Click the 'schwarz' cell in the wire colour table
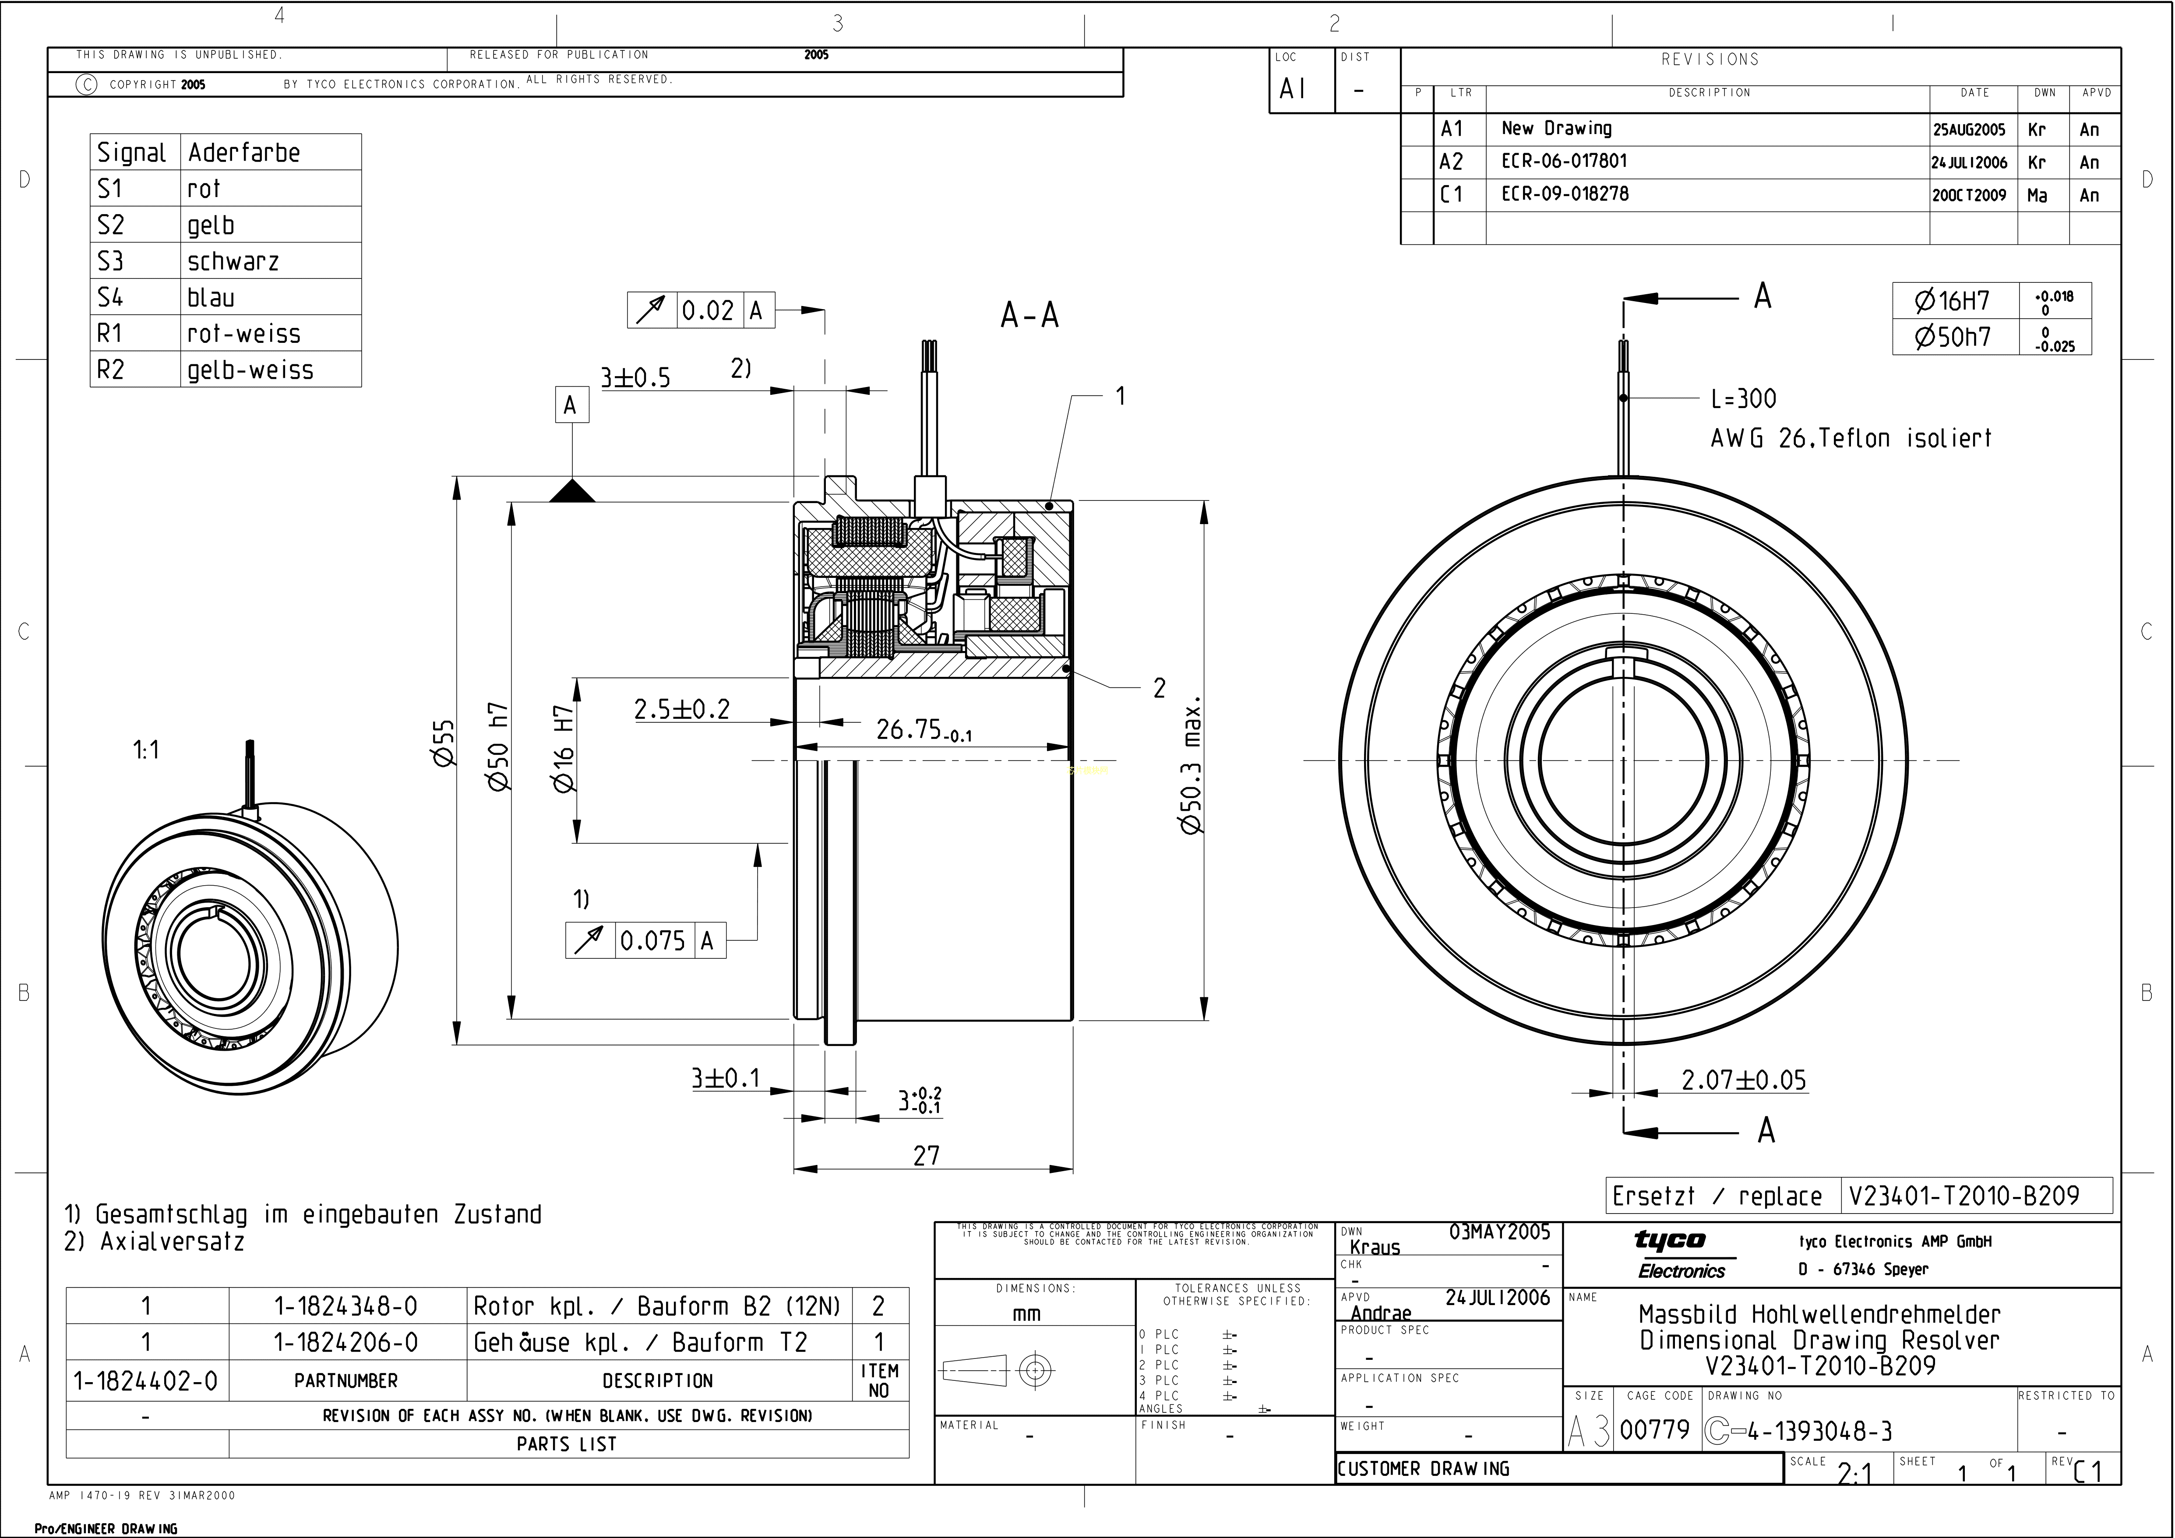(233, 261)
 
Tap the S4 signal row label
(111, 297)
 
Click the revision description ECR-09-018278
(1565, 194)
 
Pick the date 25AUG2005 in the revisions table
(1970, 130)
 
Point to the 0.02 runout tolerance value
(708, 311)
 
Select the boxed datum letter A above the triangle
(570, 405)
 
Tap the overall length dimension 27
(927, 1155)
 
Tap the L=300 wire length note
(1743, 399)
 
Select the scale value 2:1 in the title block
(1854, 1473)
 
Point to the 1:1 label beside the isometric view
(146, 750)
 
